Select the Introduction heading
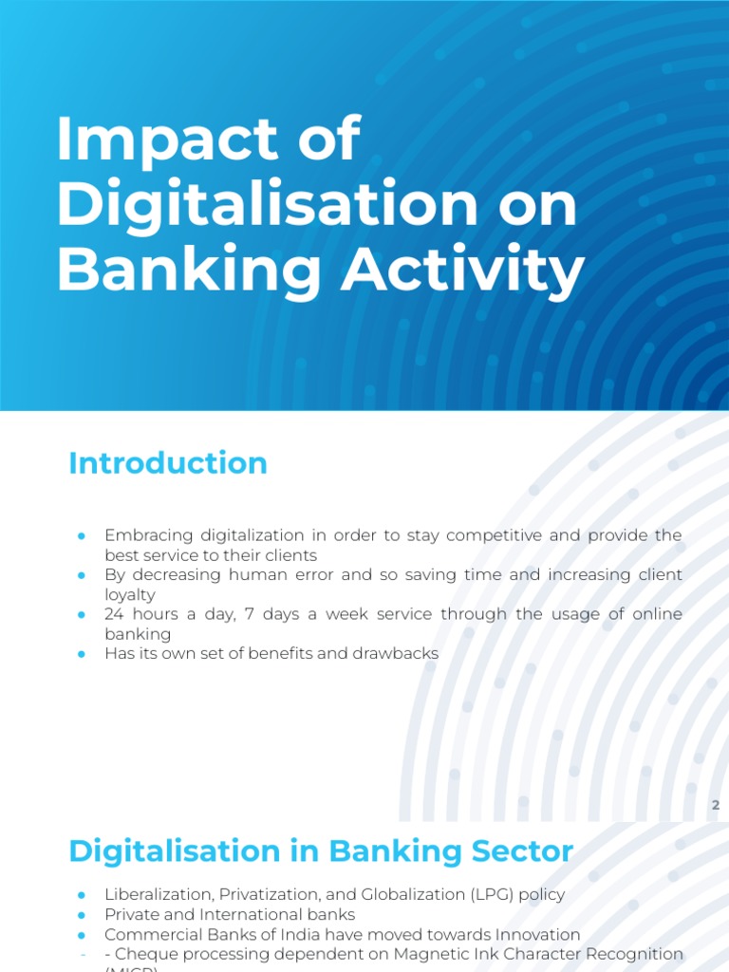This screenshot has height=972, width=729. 168,463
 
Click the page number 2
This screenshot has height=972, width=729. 717,806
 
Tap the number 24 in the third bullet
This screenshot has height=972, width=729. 114,614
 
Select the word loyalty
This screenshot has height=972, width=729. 130,594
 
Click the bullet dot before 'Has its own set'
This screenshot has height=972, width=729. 82,654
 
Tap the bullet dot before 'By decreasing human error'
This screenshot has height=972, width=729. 82,575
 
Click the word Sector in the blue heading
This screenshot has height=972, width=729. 527,851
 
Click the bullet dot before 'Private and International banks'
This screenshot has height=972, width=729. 82,914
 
